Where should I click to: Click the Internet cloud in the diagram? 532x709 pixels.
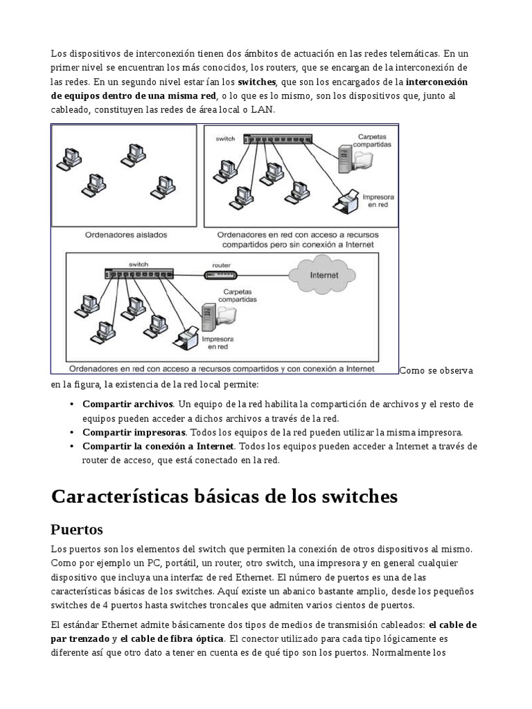pyautogui.click(x=324, y=275)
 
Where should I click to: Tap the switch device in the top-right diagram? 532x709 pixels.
pyautogui.click(x=277, y=140)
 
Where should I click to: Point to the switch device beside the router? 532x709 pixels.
pyautogui.click(x=139, y=274)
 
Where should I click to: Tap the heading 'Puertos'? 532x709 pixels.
pyautogui.click(x=77, y=530)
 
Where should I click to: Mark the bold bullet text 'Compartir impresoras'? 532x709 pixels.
pyautogui.click(x=134, y=432)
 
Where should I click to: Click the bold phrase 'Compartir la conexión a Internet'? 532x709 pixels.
pyautogui.click(x=159, y=447)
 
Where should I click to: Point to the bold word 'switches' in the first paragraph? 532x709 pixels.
pyautogui.click(x=256, y=82)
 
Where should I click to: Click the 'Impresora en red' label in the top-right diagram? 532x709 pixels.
pyautogui.click(x=378, y=201)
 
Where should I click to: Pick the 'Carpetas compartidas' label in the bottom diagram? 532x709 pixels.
pyautogui.click(x=238, y=296)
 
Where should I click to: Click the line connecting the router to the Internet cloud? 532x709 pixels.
pyautogui.click(x=266, y=275)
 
